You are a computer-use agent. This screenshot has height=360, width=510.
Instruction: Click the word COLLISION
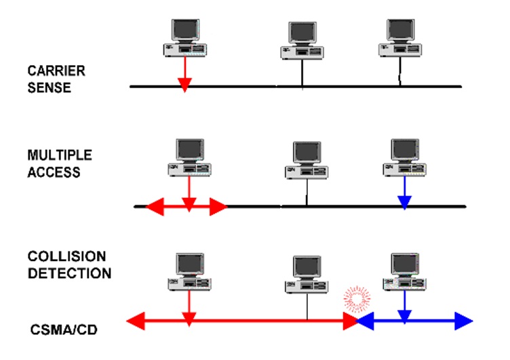66,257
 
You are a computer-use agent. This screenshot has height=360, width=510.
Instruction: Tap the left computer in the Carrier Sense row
184,37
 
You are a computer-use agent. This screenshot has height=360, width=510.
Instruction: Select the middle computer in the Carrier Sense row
302,41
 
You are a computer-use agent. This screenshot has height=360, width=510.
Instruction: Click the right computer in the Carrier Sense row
399,38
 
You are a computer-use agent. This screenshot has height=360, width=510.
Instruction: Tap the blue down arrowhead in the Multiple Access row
404,201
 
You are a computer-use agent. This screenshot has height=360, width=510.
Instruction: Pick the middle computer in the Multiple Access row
306,161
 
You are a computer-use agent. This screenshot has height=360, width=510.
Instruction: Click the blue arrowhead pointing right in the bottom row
464,319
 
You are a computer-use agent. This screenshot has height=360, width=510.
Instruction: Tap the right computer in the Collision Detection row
405,271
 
